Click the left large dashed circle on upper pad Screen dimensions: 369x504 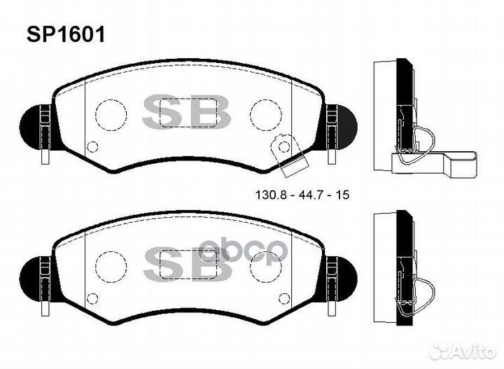(x=110, y=114)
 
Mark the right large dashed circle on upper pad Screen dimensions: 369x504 (x=265, y=113)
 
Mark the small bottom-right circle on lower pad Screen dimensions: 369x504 (x=284, y=297)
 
